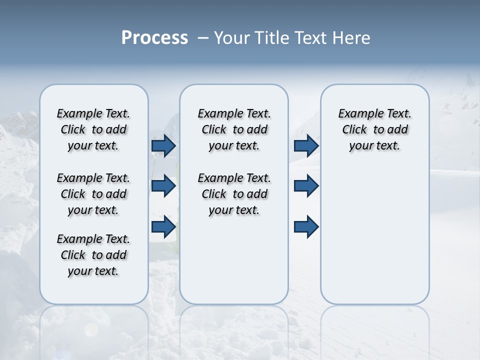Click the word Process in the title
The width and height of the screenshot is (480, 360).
(154, 37)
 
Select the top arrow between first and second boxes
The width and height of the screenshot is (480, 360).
(163, 145)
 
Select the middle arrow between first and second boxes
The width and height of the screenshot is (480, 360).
(163, 186)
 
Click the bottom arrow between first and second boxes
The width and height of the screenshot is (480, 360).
(163, 226)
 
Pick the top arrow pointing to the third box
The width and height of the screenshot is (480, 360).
(306, 145)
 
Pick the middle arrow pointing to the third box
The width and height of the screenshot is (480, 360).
(306, 186)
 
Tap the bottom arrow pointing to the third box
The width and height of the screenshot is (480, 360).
(306, 226)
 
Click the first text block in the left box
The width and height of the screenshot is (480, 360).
(93, 129)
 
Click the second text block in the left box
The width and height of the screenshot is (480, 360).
(93, 194)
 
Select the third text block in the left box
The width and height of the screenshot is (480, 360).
(93, 255)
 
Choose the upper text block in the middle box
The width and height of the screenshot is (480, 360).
(234, 129)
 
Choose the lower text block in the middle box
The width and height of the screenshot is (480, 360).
(234, 194)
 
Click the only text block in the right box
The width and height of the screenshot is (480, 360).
(374, 129)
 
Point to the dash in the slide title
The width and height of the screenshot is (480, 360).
(203, 38)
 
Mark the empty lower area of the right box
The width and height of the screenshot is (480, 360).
(374, 235)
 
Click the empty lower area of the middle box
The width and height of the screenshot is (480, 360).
(234, 260)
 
